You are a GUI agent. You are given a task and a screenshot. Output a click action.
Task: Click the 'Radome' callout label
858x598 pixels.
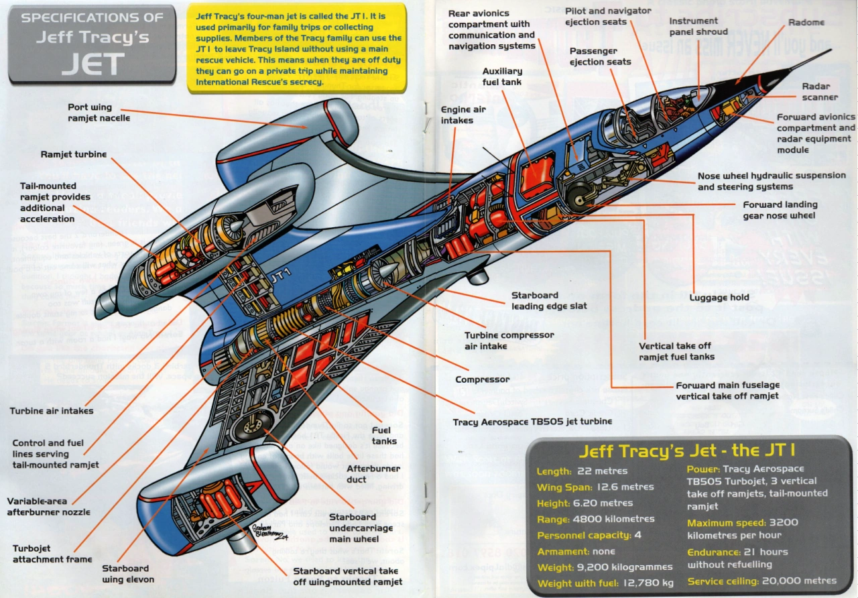click(x=806, y=22)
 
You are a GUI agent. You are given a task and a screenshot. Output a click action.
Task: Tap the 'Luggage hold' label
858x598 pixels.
click(x=719, y=298)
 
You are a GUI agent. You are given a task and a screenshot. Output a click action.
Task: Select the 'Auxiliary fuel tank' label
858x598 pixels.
click(x=502, y=76)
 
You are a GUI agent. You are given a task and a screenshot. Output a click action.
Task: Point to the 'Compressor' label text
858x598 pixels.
click(x=482, y=379)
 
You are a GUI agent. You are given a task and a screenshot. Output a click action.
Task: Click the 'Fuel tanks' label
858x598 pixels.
click(x=384, y=435)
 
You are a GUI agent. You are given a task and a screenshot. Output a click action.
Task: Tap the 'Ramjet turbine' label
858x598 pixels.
click(x=74, y=155)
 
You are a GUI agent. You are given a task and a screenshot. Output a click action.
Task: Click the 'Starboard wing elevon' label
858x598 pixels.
click(x=128, y=574)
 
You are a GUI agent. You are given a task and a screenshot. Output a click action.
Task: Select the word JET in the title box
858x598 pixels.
click(x=92, y=64)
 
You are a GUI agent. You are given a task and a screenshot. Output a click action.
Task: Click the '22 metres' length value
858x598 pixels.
click(x=602, y=471)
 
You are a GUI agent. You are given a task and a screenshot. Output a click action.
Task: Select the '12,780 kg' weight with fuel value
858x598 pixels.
click(x=648, y=583)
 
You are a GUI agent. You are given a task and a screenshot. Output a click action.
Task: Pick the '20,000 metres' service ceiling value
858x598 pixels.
click(x=799, y=581)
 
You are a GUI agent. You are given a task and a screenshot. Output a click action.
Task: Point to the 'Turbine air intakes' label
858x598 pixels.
click(x=52, y=411)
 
